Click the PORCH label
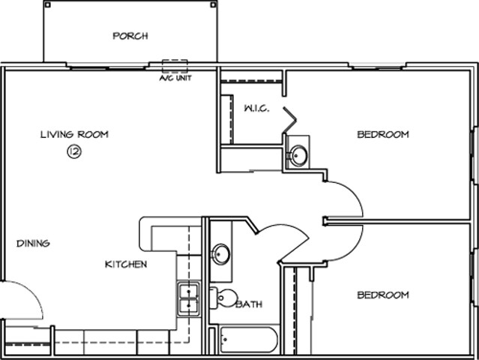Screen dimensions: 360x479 (x=130, y=35)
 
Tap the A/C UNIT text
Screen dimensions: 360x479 (x=174, y=77)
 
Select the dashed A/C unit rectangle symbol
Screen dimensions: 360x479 (x=174, y=64)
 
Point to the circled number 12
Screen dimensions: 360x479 (x=74, y=151)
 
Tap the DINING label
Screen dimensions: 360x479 (x=33, y=243)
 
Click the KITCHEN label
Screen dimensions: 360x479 (x=125, y=264)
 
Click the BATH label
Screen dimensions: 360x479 (x=249, y=304)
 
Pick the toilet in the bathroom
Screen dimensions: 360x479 (x=223, y=298)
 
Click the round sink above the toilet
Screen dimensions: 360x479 (x=220, y=254)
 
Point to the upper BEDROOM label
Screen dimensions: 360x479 (x=382, y=134)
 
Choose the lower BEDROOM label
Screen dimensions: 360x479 (x=382, y=295)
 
